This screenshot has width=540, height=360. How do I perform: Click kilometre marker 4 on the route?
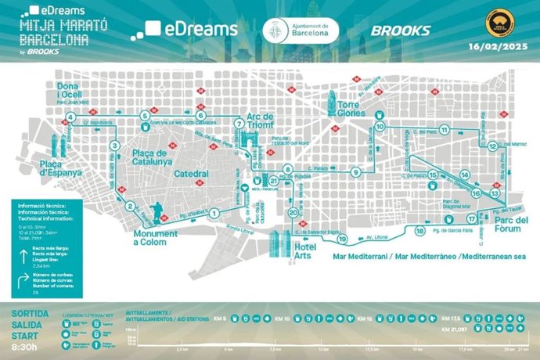(x=70, y=117)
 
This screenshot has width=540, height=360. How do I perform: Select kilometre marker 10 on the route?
(x=380, y=125)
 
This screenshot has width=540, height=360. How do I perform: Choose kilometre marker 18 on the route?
(x=420, y=231)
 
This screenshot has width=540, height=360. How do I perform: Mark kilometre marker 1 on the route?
(x=212, y=205)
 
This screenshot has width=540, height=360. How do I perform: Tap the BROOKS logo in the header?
(x=400, y=30)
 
